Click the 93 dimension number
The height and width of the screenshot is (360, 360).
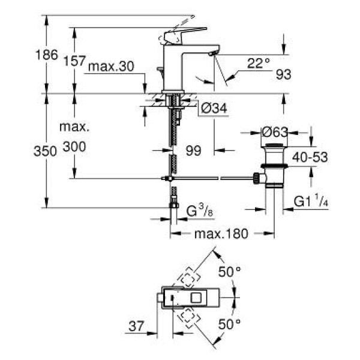click(284, 74)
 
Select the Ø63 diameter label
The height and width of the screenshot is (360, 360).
click(275, 131)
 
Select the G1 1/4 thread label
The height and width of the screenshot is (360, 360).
click(310, 202)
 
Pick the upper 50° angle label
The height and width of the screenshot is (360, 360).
click(229, 271)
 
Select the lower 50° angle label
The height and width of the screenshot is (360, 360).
click(229, 323)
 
